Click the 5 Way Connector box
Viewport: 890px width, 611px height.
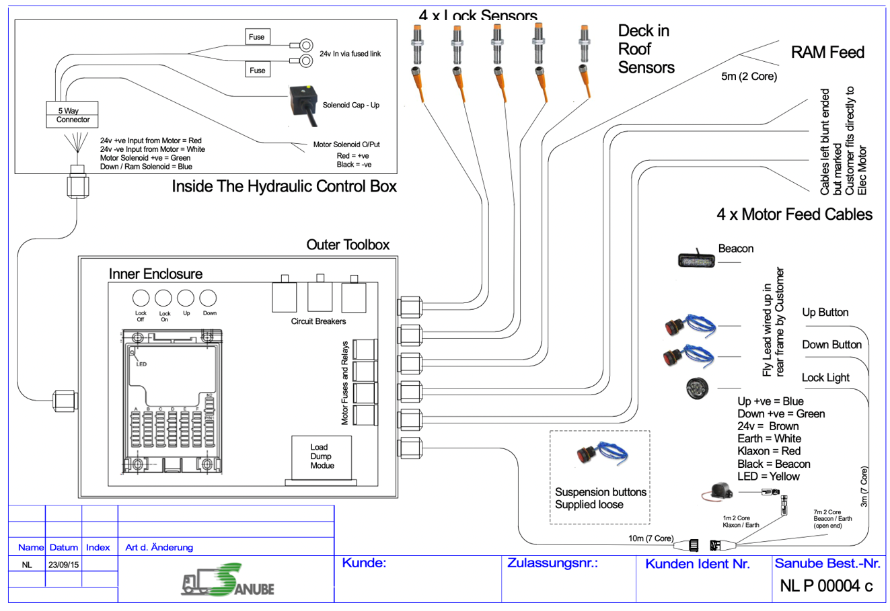click(72, 115)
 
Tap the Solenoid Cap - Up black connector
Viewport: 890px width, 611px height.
click(302, 103)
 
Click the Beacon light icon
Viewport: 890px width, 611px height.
click(696, 259)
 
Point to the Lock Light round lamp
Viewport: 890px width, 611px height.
click(697, 389)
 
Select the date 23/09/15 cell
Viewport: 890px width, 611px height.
click(63, 565)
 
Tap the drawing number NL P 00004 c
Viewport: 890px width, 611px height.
click(826, 586)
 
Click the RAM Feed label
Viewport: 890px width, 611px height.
click(827, 52)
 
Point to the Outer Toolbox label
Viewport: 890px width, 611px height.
click(348, 245)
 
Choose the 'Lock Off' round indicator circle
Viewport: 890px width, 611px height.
click(141, 298)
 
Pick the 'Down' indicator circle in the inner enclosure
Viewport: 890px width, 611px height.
click(209, 298)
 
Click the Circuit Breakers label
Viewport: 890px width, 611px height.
click(318, 321)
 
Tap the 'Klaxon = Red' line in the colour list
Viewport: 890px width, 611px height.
click(769, 451)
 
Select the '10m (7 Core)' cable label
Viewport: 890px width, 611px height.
click(651, 538)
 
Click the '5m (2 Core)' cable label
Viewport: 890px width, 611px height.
click(749, 77)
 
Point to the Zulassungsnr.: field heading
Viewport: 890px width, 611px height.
click(552, 563)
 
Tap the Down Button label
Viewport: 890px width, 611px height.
click(831, 345)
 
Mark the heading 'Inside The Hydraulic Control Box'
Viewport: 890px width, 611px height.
click(284, 186)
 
